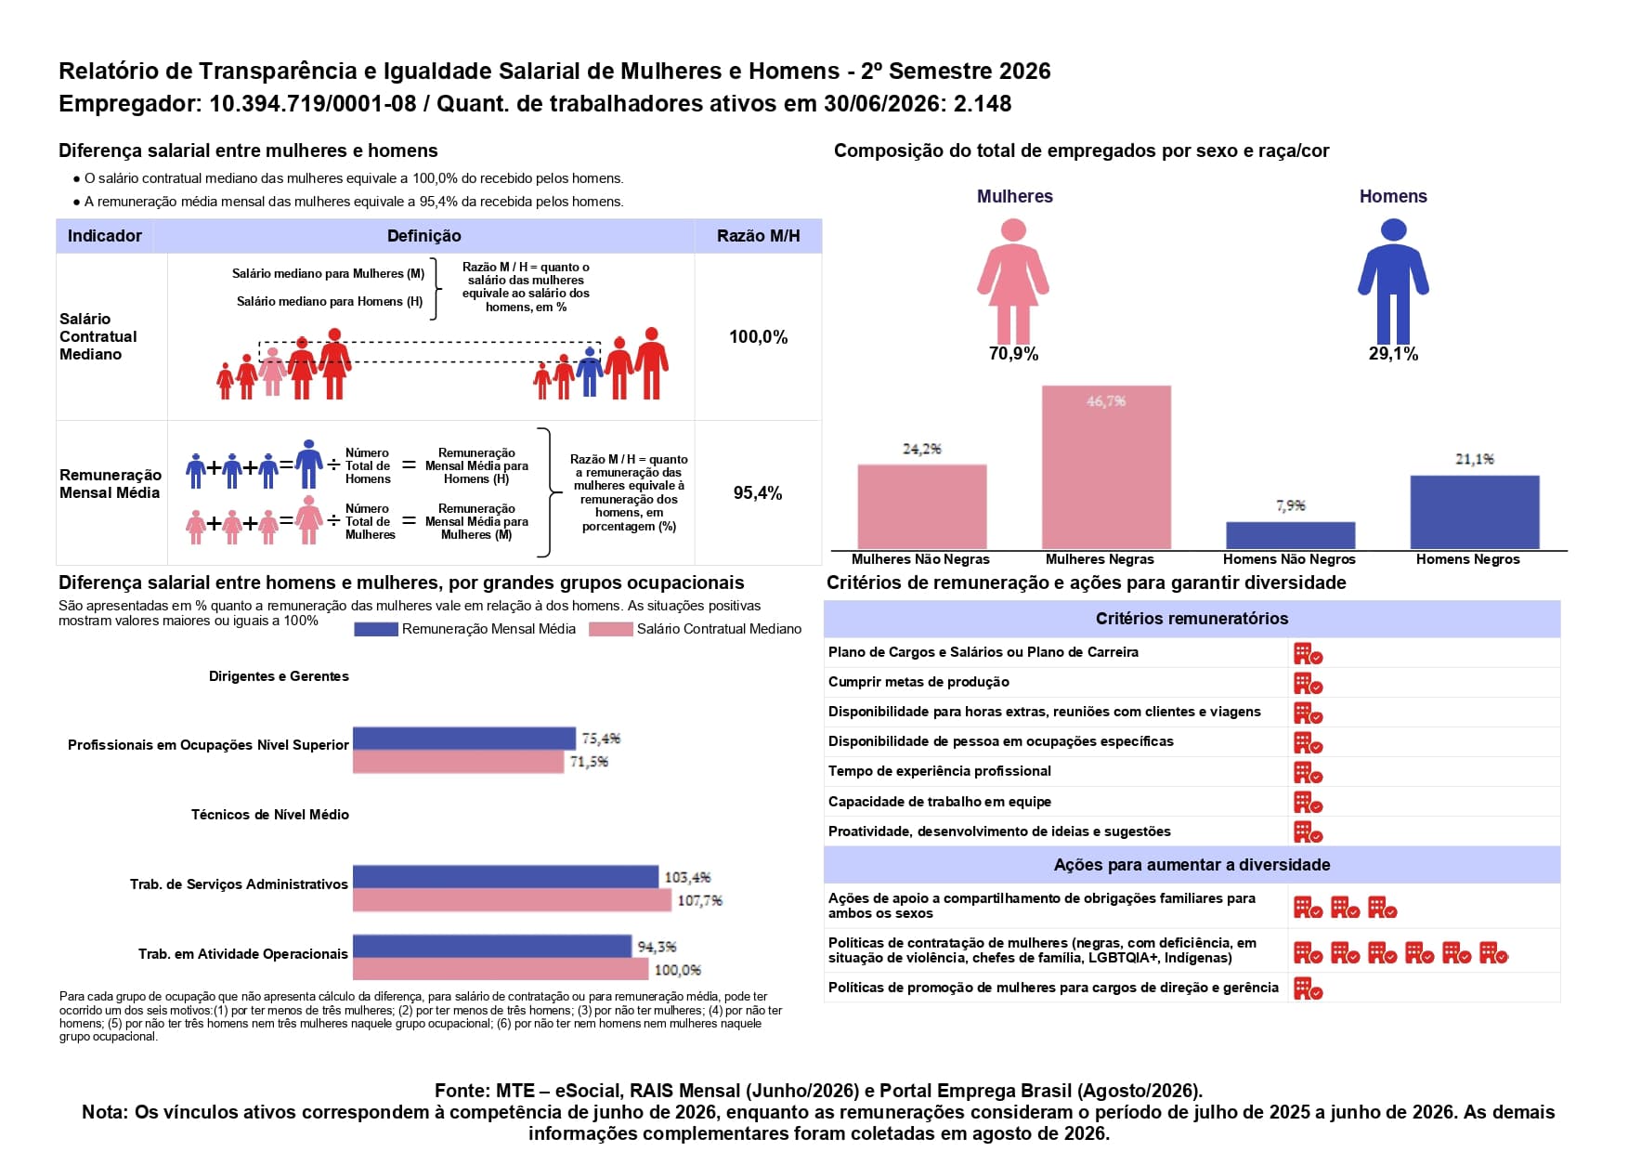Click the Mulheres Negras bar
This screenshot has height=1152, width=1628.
(1106, 467)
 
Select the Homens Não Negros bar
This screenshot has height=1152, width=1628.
(1290, 535)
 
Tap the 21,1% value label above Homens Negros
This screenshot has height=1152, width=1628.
(1474, 459)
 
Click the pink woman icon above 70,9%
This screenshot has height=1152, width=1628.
(1013, 281)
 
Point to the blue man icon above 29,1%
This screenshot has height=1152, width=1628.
(1393, 281)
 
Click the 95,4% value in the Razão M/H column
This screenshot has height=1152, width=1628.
(758, 493)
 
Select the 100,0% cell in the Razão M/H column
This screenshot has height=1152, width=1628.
(758, 337)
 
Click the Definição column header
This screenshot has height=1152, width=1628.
(423, 236)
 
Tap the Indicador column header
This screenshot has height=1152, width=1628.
(105, 236)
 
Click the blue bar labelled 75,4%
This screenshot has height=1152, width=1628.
(464, 739)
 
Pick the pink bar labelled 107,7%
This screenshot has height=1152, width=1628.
(512, 900)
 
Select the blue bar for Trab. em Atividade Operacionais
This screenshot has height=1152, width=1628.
(492, 947)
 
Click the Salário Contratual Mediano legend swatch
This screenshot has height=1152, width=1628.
(610, 629)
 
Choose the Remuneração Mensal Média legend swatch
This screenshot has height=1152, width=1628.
(375, 629)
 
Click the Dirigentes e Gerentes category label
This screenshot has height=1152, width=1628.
(279, 676)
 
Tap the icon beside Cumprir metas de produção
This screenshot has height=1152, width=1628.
(1308, 684)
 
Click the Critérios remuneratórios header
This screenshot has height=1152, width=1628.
(1192, 619)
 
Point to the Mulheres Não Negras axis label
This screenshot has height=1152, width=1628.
(920, 559)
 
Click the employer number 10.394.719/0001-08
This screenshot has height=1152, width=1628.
(313, 103)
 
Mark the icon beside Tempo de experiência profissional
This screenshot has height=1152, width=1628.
(1308, 773)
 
